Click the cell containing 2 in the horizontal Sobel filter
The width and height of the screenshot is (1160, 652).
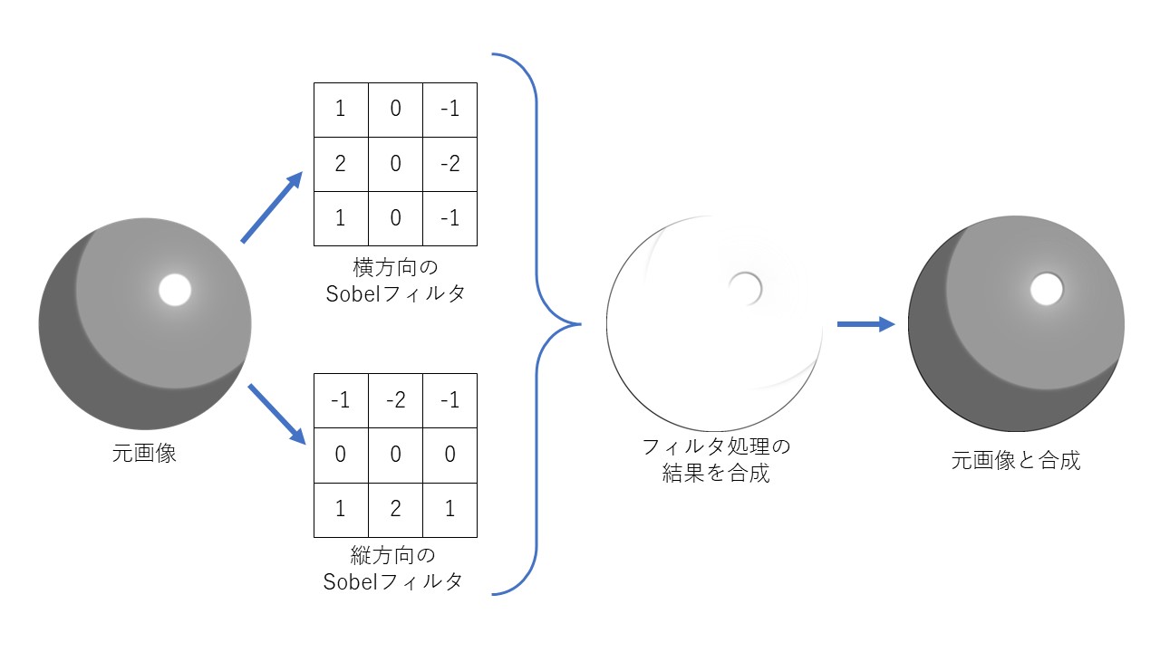(x=341, y=164)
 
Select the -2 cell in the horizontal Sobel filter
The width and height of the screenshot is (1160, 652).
(x=449, y=164)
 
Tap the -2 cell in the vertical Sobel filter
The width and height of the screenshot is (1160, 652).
(x=395, y=400)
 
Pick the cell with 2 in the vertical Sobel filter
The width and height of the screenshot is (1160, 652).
(x=395, y=509)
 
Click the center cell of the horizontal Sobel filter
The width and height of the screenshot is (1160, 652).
(x=395, y=164)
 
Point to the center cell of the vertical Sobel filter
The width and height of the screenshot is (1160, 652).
(x=395, y=455)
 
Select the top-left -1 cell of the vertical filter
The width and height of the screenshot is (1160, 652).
(x=341, y=400)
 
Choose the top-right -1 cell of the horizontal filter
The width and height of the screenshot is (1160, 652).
(x=449, y=110)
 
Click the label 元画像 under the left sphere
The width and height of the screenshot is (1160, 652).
(x=144, y=454)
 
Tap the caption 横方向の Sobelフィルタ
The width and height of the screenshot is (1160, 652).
(x=394, y=281)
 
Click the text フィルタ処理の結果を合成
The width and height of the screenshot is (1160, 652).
(x=716, y=459)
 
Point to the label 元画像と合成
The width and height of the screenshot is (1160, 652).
(x=1016, y=460)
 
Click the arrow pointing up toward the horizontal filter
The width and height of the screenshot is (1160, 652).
(x=271, y=207)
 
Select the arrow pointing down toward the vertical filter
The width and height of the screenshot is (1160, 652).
(x=275, y=413)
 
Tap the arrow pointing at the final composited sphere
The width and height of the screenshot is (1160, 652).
(x=865, y=323)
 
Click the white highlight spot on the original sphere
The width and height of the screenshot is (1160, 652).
(x=174, y=290)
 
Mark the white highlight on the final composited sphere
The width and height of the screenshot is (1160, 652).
(x=1046, y=290)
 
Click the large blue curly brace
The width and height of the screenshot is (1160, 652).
(x=538, y=323)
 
